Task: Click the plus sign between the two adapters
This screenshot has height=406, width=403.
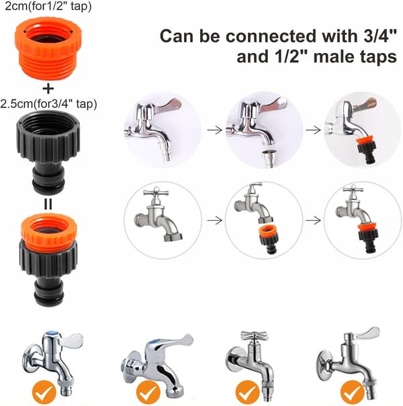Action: click(x=48, y=89)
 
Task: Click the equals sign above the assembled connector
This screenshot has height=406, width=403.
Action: click(x=48, y=204)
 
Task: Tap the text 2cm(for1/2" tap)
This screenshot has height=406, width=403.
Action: click(x=48, y=6)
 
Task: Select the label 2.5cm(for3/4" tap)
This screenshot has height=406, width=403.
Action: click(x=49, y=104)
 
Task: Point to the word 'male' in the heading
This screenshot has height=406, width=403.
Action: click(x=334, y=56)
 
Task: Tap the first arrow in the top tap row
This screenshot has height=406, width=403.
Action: click(x=214, y=130)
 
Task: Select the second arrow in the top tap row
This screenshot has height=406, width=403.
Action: click(x=313, y=130)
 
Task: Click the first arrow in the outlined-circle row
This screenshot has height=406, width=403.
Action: click(x=214, y=221)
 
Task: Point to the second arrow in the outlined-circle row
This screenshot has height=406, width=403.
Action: click(x=313, y=221)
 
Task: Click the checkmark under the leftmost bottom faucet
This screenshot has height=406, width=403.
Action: click(x=44, y=392)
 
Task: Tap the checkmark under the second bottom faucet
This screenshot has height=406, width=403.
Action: click(x=148, y=392)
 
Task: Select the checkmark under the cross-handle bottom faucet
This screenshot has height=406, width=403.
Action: click(x=248, y=392)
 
